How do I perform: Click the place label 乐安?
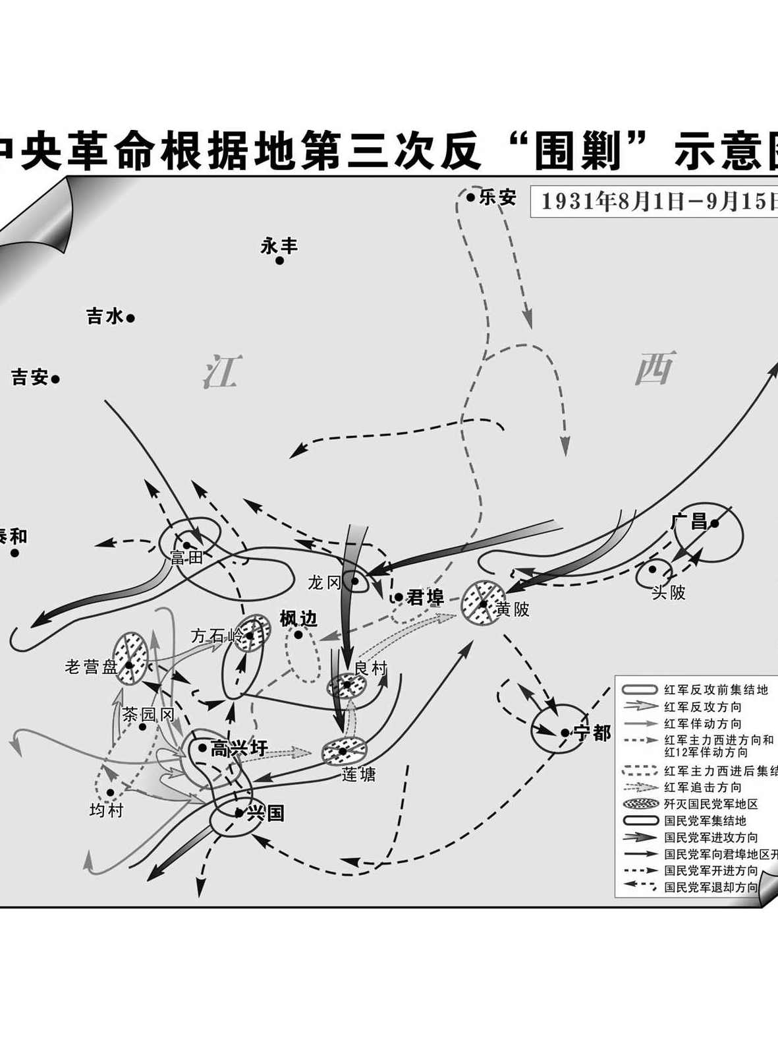tap(497, 197)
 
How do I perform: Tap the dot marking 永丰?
tap(279, 260)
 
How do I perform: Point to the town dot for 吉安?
tap(56, 379)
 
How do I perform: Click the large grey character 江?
tap(221, 371)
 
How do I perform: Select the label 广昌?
tap(688, 522)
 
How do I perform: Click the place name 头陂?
tap(669, 592)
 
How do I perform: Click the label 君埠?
tap(426, 597)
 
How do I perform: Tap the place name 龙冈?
tap(324, 582)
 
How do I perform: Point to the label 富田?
tap(187, 558)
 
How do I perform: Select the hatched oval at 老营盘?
tap(130, 657)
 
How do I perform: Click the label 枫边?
tap(298, 619)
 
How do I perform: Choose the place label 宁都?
tap(592, 733)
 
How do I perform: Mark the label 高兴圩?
tap(238, 748)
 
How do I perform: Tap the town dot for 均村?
tap(110, 792)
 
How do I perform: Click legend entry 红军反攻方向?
tap(702, 706)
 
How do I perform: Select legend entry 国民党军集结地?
tap(704, 821)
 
